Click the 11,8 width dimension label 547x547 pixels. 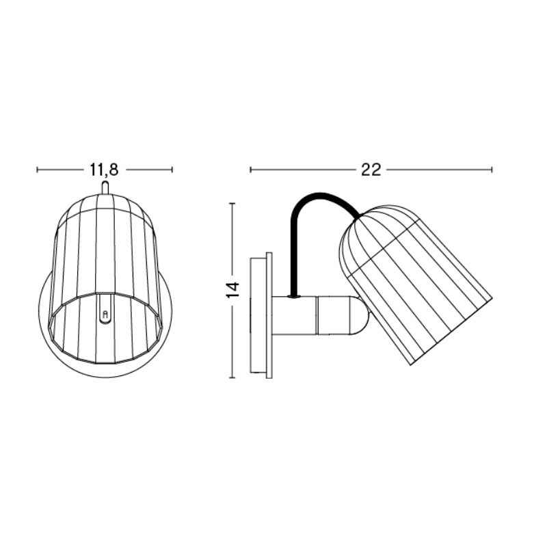104,170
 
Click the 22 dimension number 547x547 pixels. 371,170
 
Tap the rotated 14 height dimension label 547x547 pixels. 233,289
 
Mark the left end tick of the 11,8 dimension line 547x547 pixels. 37,170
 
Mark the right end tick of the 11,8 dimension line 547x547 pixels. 172,170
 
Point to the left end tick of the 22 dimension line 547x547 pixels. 250,170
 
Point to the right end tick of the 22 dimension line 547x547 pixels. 492,170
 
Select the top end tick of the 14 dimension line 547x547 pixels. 233,203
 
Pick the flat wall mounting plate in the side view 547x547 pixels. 262,315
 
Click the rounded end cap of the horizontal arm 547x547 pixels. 361,315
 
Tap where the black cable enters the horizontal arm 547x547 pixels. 294,296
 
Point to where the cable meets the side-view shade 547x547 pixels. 356,218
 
